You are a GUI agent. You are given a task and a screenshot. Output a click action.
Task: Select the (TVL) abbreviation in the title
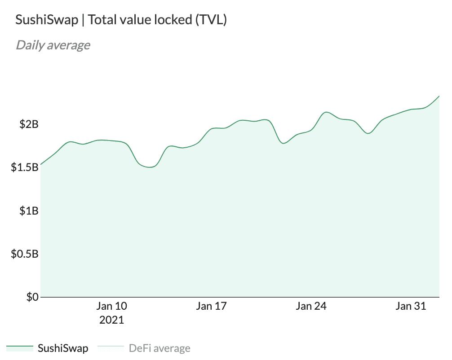coord(211,20)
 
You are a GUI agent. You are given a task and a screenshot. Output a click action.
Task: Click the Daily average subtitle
coord(53,45)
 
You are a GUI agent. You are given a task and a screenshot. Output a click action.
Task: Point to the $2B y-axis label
coord(29,124)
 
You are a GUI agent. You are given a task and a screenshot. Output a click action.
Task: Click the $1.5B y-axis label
coord(25,167)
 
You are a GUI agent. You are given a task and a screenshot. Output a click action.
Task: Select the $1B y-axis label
coord(29,211)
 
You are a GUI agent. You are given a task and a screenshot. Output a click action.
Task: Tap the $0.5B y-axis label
coord(25,254)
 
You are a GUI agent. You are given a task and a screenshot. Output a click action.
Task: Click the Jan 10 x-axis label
coord(111,307)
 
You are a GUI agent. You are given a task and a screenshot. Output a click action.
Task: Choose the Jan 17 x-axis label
coord(211,307)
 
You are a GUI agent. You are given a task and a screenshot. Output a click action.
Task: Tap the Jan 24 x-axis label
coord(311,307)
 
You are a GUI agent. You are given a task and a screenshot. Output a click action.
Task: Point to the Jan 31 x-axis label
coord(410,307)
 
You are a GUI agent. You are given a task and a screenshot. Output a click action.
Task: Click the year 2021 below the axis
coord(111,320)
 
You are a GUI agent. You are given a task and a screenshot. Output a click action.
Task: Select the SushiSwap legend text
coord(63,348)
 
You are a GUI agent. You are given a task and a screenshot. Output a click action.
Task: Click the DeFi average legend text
coord(160,348)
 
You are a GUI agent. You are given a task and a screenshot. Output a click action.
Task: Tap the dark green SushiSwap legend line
coord(20,347)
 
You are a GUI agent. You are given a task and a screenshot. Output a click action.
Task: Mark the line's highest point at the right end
coord(439,96)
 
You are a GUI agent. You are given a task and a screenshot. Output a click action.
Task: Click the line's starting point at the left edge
coord(41,165)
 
